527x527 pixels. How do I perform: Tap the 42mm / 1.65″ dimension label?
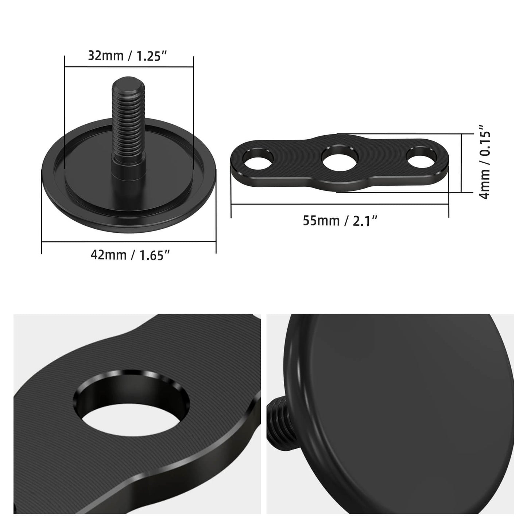pyautogui.click(x=131, y=255)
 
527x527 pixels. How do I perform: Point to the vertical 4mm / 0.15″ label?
pyautogui.click(x=485, y=162)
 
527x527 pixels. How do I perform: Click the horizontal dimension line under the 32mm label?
pyautogui.click(x=128, y=67)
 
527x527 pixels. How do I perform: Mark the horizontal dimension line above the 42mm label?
pyautogui.click(x=129, y=241)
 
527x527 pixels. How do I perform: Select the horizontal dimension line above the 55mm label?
pyautogui.click(x=340, y=204)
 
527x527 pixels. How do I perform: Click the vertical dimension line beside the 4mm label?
pyautogui.click(x=462, y=163)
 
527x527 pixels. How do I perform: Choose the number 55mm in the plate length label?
pyautogui.click(x=321, y=221)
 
